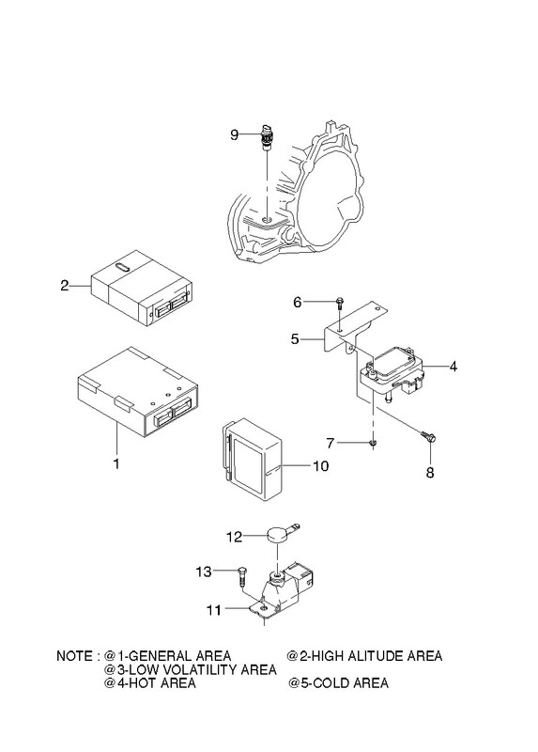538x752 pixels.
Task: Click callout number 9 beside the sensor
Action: (234, 134)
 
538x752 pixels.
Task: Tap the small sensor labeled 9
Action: (266, 137)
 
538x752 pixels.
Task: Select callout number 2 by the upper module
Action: (65, 286)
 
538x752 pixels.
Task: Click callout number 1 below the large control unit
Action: (115, 463)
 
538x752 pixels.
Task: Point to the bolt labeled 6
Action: (340, 303)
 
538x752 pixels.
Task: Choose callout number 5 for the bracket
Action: (295, 339)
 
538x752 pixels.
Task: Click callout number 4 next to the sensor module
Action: (453, 367)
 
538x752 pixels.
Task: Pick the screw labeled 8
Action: (429, 436)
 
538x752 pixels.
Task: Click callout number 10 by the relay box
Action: (321, 465)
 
